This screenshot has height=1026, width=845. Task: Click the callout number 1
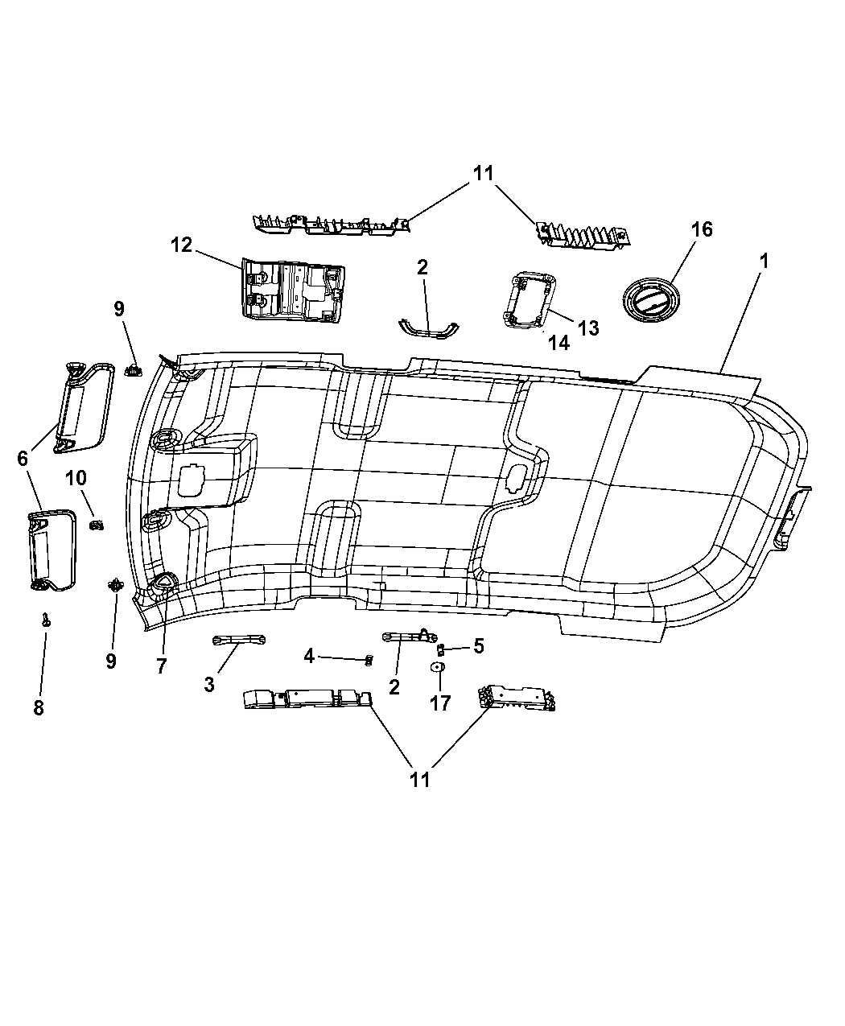[764, 261]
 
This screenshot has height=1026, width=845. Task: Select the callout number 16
[702, 229]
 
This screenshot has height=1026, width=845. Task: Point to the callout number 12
[181, 244]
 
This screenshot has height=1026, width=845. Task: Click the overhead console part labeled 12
[292, 290]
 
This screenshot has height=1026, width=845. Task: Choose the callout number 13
[588, 328]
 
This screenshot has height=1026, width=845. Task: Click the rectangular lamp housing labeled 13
[530, 299]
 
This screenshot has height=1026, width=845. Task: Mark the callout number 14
[559, 344]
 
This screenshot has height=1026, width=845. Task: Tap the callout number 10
[76, 478]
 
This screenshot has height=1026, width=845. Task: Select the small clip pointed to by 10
[97, 525]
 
